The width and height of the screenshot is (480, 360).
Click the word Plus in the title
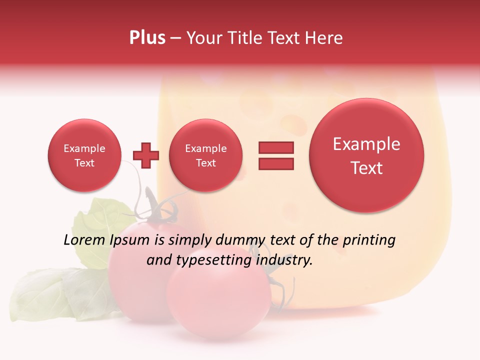click(147, 38)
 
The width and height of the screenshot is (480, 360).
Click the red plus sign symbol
click(146, 155)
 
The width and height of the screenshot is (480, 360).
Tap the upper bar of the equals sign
click(276, 147)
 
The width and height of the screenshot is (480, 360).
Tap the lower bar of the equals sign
click(276, 163)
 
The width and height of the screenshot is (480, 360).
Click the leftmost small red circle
click(84, 155)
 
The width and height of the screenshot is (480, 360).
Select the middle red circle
click(205, 155)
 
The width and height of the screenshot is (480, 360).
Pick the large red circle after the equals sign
click(366, 155)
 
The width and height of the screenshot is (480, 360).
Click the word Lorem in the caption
click(84, 240)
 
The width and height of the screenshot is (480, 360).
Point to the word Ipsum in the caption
click(129, 240)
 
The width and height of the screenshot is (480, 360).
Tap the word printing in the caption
click(369, 240)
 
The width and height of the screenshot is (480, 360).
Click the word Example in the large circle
click(366, 144)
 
